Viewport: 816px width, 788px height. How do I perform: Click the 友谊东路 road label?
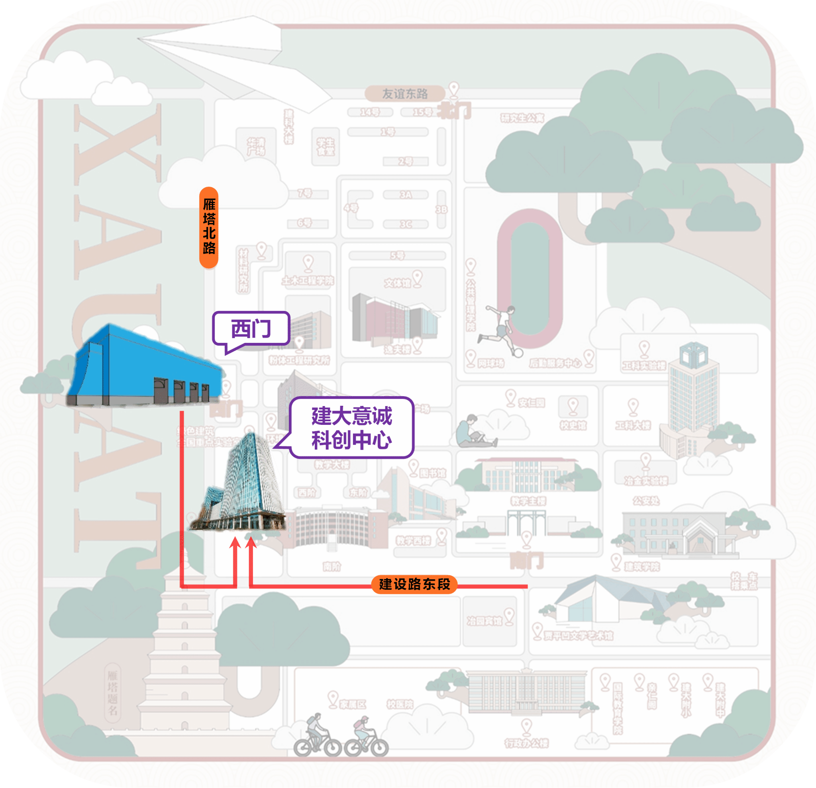[405, 94]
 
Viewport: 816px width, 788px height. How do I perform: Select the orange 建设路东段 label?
[414, 584]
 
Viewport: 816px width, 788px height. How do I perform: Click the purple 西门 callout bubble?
[251, 328]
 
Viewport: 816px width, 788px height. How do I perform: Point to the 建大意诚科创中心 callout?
[352, 428]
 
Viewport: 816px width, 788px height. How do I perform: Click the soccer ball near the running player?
[519, 353]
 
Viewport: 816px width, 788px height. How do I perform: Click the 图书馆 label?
[433, 473]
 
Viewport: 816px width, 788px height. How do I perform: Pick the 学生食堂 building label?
[326, 147]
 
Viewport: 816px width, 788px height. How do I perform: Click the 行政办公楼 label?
[526, 743]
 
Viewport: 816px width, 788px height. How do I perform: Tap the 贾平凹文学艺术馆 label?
[578, 635]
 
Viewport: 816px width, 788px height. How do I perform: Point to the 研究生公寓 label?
[522, 118]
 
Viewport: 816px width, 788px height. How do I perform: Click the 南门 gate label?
[527, 560]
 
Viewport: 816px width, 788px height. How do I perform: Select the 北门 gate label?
[456, 111]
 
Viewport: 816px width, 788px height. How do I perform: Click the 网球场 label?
[491, 364]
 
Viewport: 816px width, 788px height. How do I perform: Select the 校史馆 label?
[573, 425]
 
